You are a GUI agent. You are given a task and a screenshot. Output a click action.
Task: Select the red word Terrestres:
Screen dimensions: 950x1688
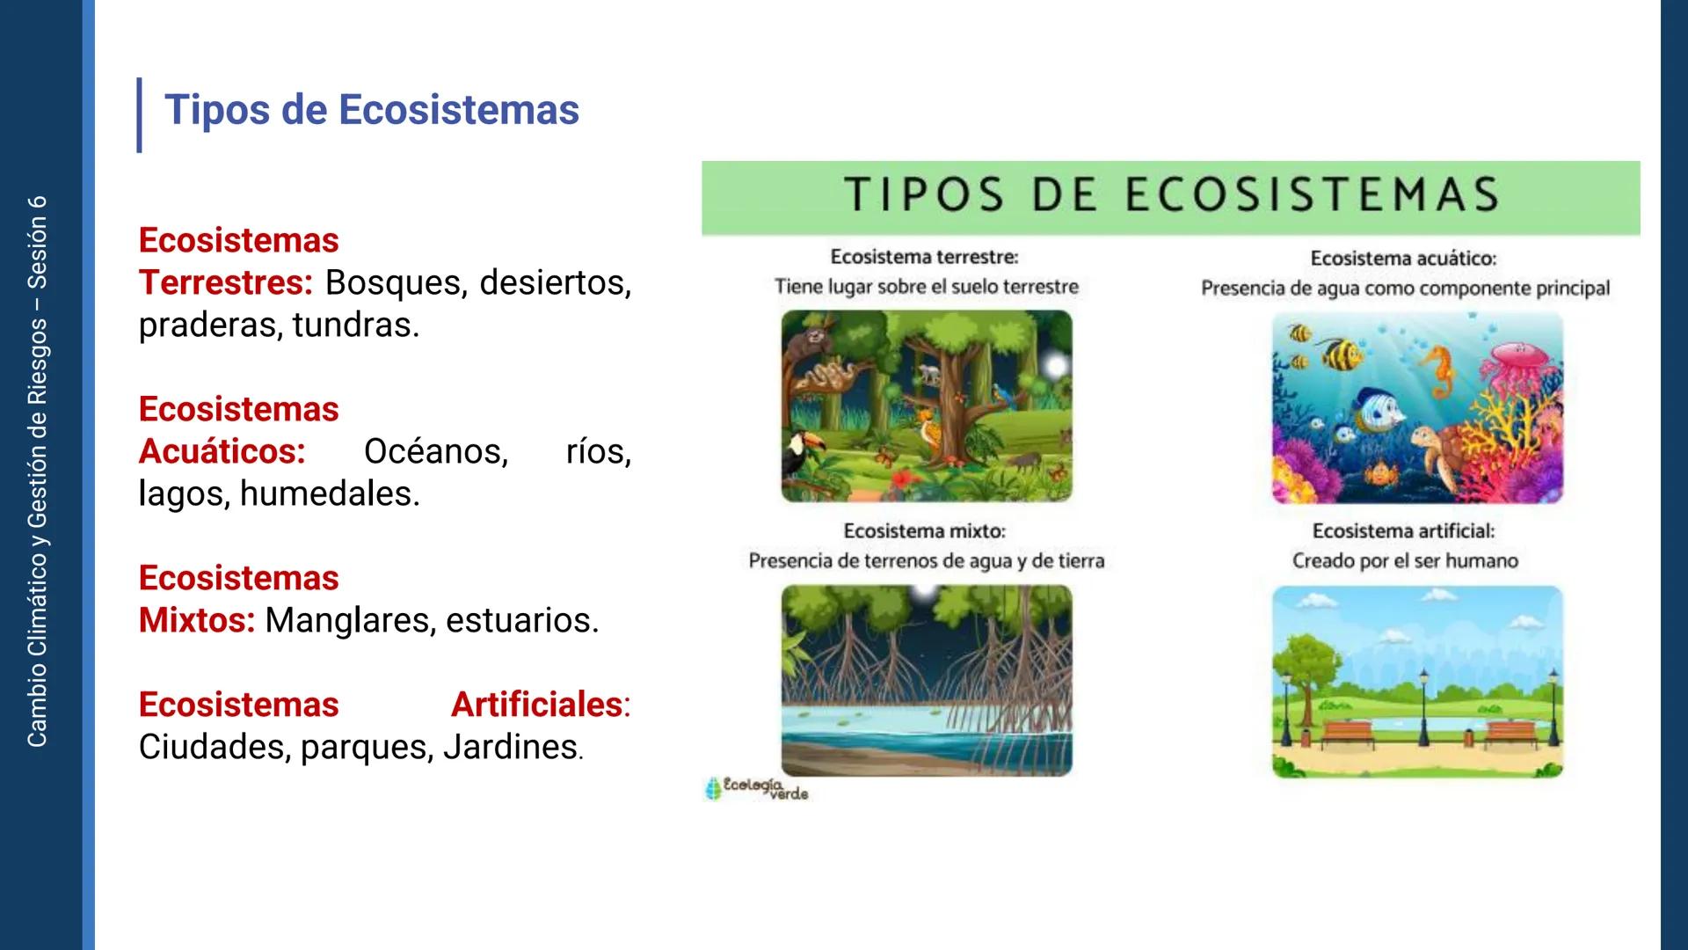[x=225, y=283]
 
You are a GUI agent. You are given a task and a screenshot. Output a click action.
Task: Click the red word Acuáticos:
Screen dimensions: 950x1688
[x=222, y=452]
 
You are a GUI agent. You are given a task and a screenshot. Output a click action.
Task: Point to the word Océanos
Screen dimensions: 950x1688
[x=435, y=452]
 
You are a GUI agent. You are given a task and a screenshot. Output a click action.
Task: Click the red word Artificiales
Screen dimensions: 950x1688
[x=536, y=705]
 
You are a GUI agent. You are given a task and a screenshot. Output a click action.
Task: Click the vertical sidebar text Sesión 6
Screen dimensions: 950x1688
[x=37, y=243]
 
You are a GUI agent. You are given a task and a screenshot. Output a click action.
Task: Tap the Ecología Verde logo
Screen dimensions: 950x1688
[x=756, y=788]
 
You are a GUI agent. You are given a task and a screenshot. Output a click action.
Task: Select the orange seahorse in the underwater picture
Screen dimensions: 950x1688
[x=1439, y=369]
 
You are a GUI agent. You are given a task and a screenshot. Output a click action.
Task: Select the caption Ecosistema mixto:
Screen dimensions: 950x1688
[x=924, y=531]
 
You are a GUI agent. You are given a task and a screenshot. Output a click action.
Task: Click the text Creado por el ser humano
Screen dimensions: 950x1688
[x=1404, y=561]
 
